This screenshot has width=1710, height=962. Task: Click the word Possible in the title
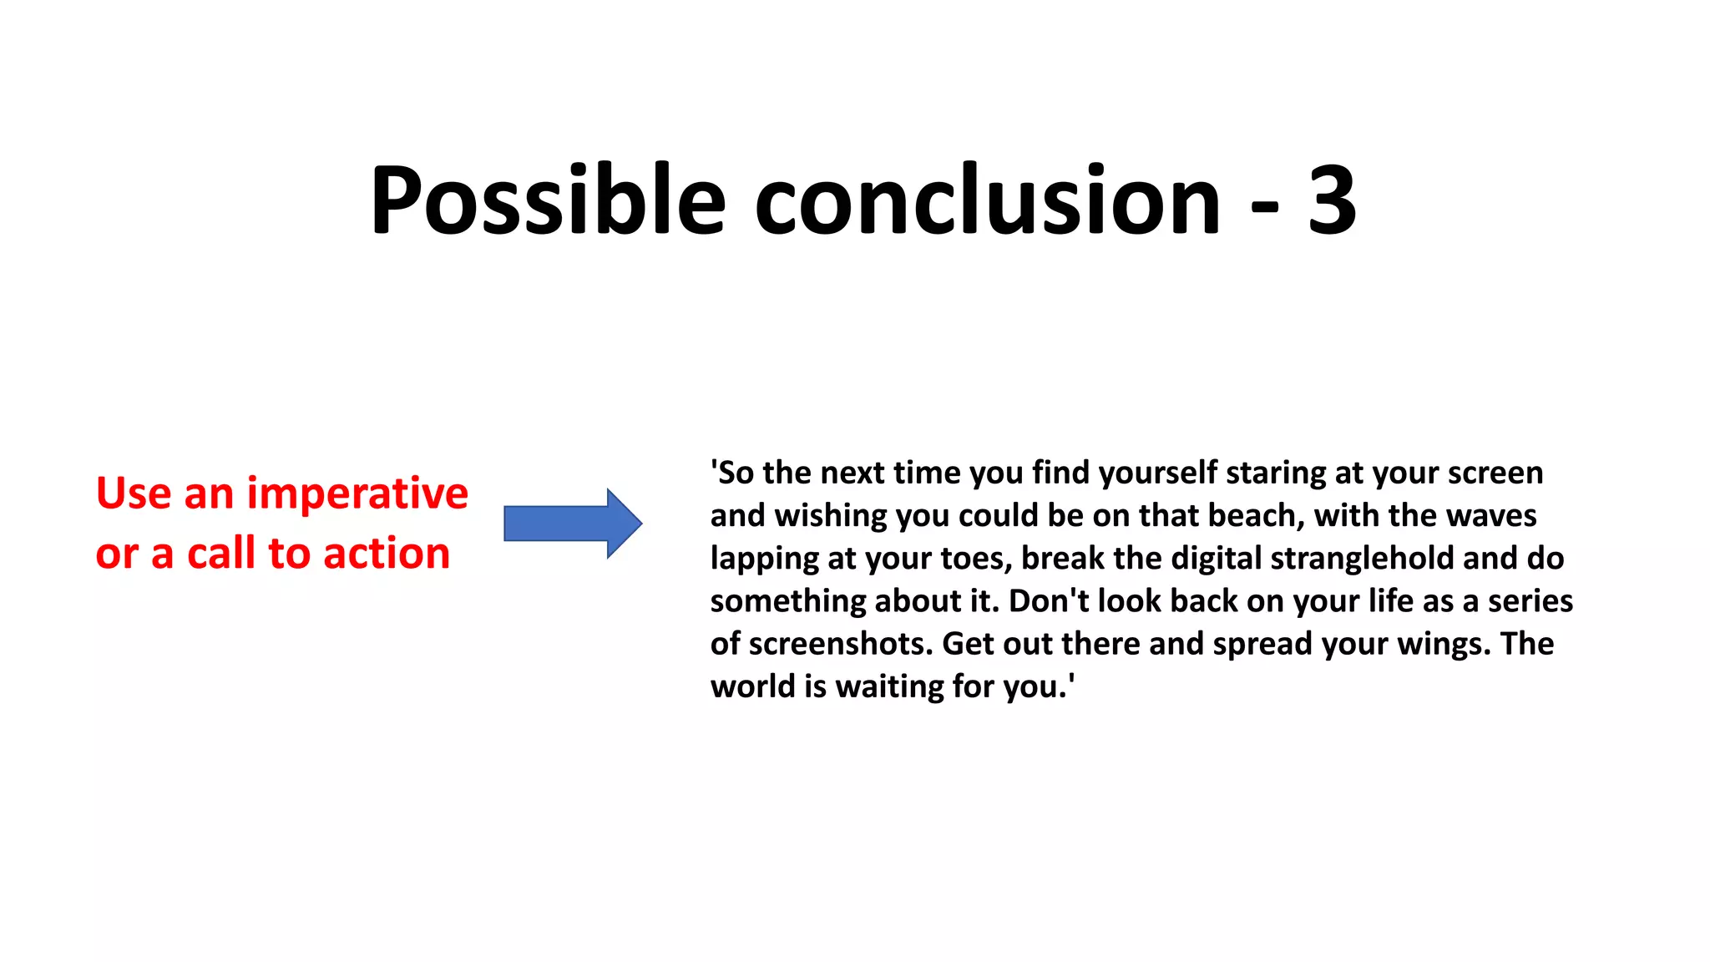(x=548, y=200)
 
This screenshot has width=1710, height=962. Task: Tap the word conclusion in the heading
(x=988, y=200)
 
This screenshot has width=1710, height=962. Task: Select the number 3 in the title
(x=1332, y=200)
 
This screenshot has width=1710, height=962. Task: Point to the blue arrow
(x=573, y=524)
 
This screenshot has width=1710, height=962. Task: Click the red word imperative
(x=357, y=494)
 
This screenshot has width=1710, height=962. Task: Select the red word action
(x=387, y=554)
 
